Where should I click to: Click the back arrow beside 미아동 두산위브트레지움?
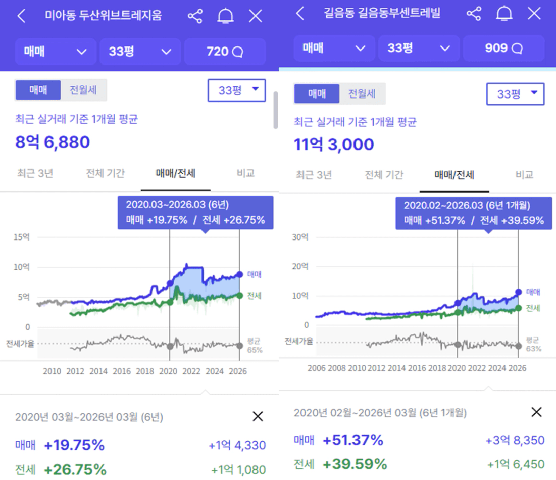pyautogui.click(x=21, y=16)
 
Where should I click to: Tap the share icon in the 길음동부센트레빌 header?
pyautogui.click(x=474, y=14)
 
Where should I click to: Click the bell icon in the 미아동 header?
pyautogui.click(x=225, y=16)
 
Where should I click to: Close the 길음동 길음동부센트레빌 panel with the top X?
pyautogui.click(x=534, y=14)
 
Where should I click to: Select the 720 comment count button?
pyautogui.click(x=225, y=51)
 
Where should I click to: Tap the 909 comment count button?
pyautogui.click(x=503, y=48)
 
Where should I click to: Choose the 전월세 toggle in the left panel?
pyautogui.click(x=83, y=90)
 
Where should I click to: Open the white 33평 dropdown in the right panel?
pyautogui.click(x=515, y=94)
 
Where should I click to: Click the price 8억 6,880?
pyautogui.click(x=53, y=142)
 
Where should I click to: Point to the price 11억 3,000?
pyautogui.click(x=334, y=145)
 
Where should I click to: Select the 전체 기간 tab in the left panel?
pyautogui.click(x=105, y=173)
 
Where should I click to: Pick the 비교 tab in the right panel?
pyautogui.click(x=524, y=175)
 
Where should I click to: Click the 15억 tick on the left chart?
pyautogui.click(x=23, y=236)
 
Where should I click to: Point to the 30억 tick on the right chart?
pyautogui.click(x=301, y=236)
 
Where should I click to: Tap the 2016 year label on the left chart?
pyautogui.click(x=122, y=371)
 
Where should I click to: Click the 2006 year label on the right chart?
pyautogui.click(x=316, y=368)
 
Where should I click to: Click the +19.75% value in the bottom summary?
pyautogui.click(x=74, y=445)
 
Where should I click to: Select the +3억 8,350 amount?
pyautogui.click(x=515, y=440)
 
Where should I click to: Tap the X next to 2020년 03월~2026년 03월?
pyautogui.click(x=258, y=416)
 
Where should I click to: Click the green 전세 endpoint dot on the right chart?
pyautogui.click(x=518, y=308)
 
